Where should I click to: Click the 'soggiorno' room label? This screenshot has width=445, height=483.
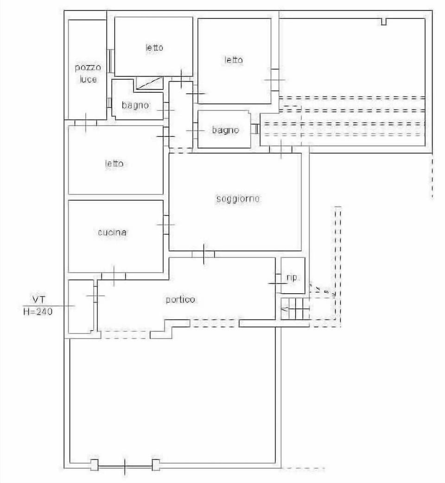pyautogui.click(x=238, y=199)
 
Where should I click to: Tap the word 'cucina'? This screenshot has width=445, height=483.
pyautogui.click(x=112, y=232)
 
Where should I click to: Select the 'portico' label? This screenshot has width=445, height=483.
pyautogui.click(x=181, y=300)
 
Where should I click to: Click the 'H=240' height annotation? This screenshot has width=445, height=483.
pyautogui.click(x=38, y=312)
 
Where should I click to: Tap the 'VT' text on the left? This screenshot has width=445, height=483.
pyautogui.click(x=38, y=297)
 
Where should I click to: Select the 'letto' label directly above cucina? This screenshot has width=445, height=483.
pyautogui.click(x=114, y=163)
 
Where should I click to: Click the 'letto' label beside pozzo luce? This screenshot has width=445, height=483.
pyautogui.click(x=154, y=47)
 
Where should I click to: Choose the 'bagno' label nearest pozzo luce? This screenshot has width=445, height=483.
pyautogui.click(x=135, y=105)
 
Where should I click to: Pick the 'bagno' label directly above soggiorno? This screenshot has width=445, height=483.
pyautogui.click(x=225, y=130)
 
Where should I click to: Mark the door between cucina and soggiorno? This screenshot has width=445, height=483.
pyautogui.click(x=165, y=224)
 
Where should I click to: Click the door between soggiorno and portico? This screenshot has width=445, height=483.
pyautogui.click(x=203, y=254)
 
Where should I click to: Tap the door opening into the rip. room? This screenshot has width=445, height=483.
pyautogui.click(x=278, y=283)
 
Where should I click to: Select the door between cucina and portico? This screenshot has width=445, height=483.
pyautogui.click(x=114, y=276)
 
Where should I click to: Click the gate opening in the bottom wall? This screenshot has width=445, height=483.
pyautogui.click(x=125, y=465)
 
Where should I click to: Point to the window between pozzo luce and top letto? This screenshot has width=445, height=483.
pyautogui.click(x=110, y=61)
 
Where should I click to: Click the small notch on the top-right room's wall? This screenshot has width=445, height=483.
pyautogui.click(x=383, y=21)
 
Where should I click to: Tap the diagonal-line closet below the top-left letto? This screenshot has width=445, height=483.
pyautogui.click(x=149, y=83)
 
